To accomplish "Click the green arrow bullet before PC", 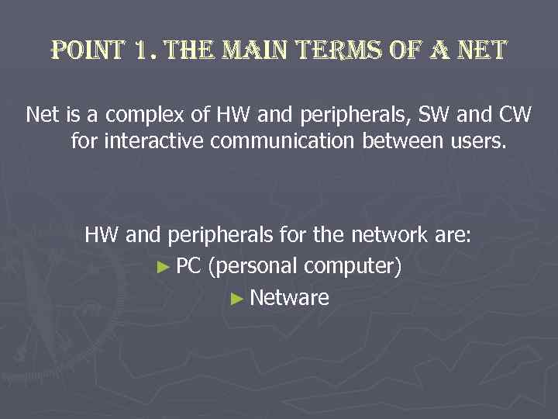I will click(x=161, y=266).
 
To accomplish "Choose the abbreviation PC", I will click(x=188, y=266).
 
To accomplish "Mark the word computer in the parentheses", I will click(x=353, y=266).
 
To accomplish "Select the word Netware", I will click(x=290, y=298).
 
